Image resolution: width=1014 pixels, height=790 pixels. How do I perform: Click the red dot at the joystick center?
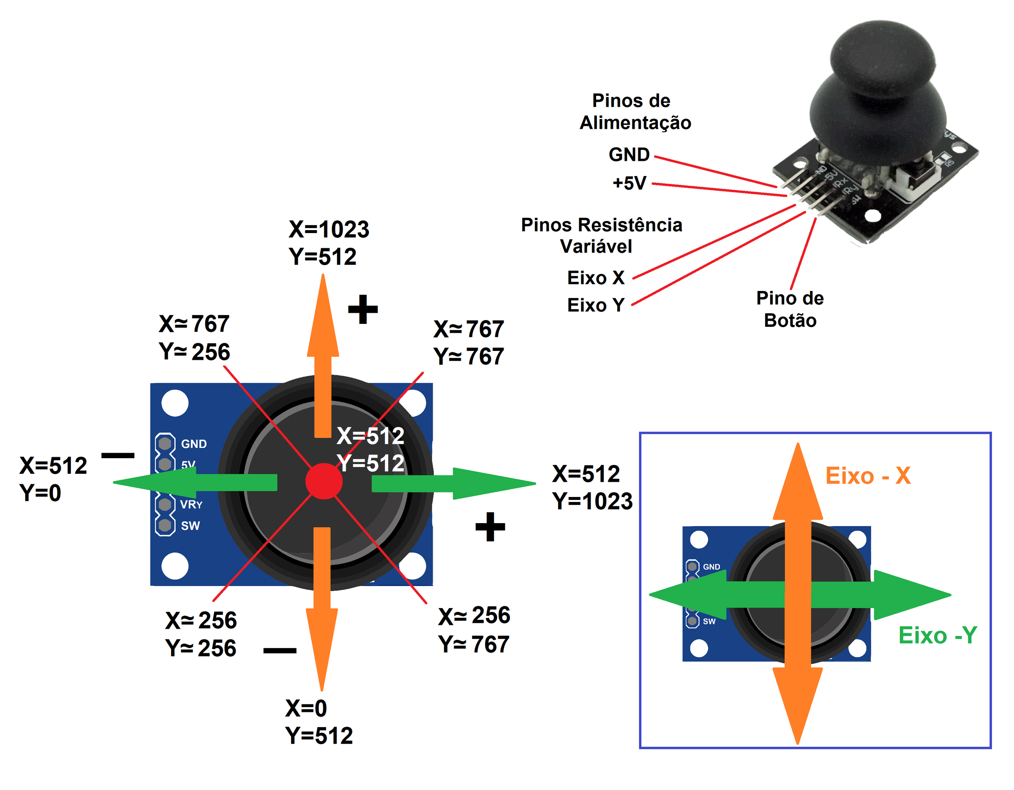click(324, 481)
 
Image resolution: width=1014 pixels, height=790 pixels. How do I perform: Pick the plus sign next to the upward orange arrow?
click(363, 309)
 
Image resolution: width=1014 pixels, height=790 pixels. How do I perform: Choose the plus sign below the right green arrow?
click(490, 527)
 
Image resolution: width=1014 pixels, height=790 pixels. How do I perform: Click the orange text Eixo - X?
click(868, 475)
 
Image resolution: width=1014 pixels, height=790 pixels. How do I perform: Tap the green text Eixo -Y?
click(938, 635)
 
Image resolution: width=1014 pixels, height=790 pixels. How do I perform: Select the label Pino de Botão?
click(790, 309)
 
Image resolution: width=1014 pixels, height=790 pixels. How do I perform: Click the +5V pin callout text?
click(629, 183)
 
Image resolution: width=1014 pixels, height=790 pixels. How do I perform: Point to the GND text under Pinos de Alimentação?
click(629, 155)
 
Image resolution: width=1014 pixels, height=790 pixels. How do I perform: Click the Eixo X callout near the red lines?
click(596, 277)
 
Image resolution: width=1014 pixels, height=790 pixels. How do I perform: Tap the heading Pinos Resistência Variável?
click(601, 235)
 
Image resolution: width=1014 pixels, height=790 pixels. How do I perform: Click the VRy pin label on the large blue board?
click(191, 504)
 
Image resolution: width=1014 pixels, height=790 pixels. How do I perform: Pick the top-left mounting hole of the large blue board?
click(175, 403)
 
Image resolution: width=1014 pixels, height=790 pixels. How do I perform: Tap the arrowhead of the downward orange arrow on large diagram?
click(321, 649)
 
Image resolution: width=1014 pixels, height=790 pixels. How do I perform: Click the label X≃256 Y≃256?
click(201, 634)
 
